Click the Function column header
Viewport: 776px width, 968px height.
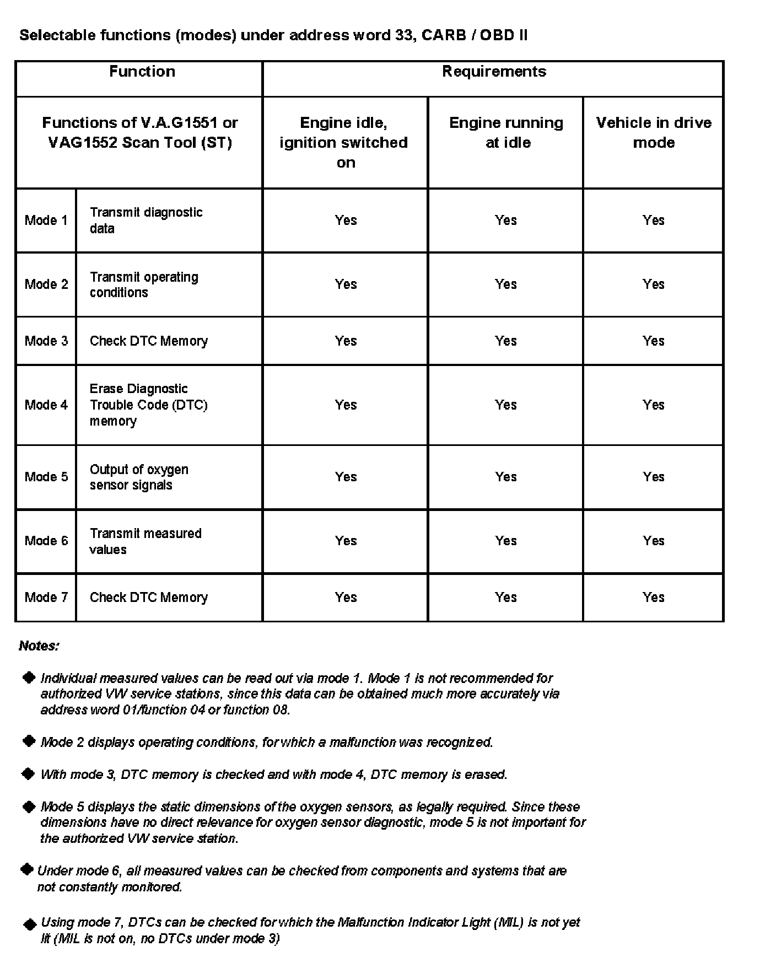(x=142, y=72)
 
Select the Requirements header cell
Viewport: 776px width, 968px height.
(x=494, y=72)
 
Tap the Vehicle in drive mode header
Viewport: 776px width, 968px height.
(x=654, y=132)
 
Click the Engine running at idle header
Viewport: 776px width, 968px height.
(x=506, y=132)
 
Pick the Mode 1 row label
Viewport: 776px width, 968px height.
(x=46, y=221)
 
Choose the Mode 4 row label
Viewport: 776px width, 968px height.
(x=46, y=405)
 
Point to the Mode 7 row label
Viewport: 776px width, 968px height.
(x=46, y=598)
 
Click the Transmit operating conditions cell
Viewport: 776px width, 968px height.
(x=144, y=284)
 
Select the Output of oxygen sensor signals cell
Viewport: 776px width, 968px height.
(x=139, y=477)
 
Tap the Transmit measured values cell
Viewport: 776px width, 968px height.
(x=145, y=541)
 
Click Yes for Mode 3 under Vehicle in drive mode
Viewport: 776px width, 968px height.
(x=654, y=341)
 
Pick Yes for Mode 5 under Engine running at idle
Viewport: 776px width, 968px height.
(x=506, y=477)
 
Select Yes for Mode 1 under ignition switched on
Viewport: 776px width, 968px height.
(x=346, y=221)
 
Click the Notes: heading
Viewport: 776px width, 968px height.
(x=39, y=646)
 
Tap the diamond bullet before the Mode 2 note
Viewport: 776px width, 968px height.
(x=29, y=741)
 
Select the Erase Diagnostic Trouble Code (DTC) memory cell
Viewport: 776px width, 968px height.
(x=148, y=405)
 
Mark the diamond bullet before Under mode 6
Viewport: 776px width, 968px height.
(x=26, y=870)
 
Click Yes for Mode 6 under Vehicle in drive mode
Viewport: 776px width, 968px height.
(x=654, y=541)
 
